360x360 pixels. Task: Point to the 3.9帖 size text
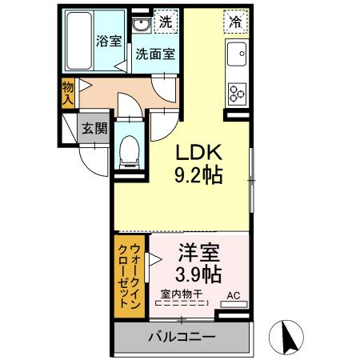198,275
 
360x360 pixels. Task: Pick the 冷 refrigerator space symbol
235,23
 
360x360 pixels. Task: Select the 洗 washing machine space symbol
165,22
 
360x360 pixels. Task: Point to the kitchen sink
238,57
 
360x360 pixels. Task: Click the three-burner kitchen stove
238,93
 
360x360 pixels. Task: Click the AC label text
233,295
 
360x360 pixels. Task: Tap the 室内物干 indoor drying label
181,294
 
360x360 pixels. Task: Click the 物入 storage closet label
68,94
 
